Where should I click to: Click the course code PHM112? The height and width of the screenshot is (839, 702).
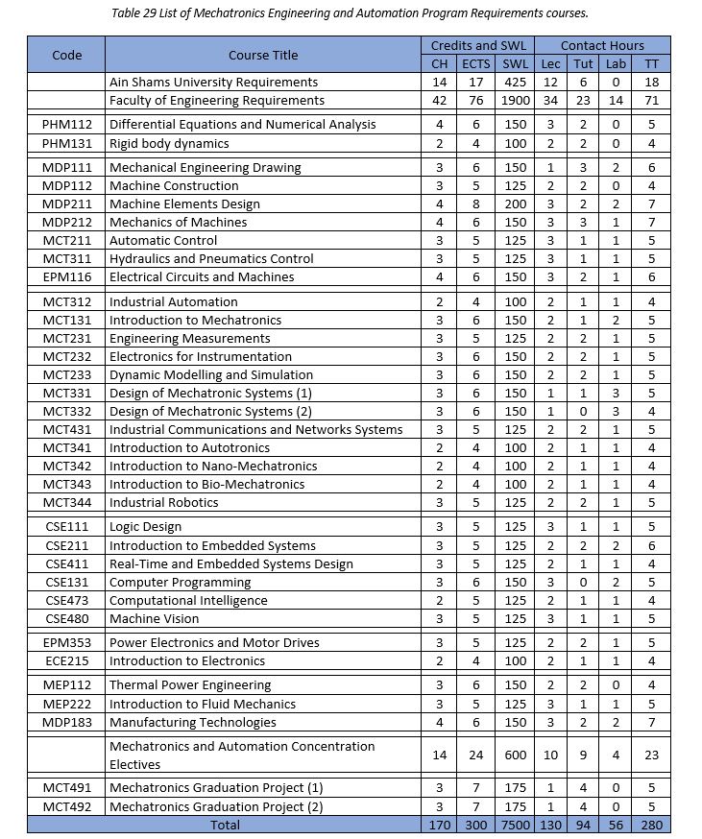[67, 125]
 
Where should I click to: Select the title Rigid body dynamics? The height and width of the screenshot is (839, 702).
[169, 143]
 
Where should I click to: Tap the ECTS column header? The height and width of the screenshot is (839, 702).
[477, 63]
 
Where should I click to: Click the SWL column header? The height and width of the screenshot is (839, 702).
[516, 63]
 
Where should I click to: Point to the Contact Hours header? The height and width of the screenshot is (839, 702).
[602, 45]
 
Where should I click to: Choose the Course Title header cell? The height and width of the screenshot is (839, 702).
[263, 55]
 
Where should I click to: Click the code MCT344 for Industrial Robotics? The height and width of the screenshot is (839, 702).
[67, 502]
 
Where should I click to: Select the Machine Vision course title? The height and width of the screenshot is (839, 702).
[155, 618]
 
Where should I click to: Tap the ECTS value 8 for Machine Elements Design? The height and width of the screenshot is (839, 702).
[477, 204]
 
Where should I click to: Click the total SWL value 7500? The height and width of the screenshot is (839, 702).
[516, 825]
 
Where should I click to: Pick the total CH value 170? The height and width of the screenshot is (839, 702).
[440, 825]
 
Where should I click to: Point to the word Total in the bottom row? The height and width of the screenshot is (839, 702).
[224, 825]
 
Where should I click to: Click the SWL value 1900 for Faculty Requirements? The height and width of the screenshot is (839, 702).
[516, 101]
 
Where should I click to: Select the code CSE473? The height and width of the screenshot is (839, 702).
[67, 600]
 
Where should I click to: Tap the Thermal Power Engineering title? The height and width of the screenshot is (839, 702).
[190, 685]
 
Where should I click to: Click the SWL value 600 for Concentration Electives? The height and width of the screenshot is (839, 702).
[516, 755]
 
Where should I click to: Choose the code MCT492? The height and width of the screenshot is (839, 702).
[67, 806]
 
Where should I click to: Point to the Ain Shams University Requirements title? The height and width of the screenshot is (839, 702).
[213, 83]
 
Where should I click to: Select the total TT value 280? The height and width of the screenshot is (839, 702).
[652, 825]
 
